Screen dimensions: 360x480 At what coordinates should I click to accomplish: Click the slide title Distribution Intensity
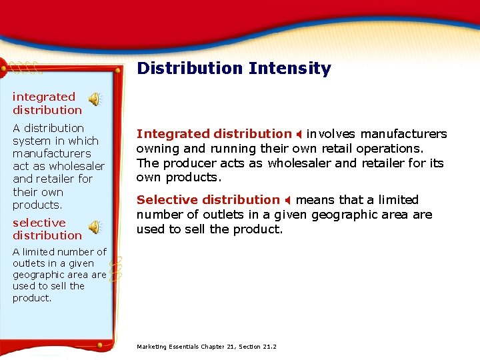(233, 68)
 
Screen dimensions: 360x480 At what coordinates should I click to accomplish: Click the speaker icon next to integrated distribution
(95, 100)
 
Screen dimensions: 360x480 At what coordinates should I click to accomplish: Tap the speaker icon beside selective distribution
(95, 227)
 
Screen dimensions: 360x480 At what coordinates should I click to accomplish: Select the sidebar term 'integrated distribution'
(47, 103)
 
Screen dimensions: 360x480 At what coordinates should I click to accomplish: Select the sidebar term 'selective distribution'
(47, 229)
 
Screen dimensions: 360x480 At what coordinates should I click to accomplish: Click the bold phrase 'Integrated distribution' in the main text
(214, 134)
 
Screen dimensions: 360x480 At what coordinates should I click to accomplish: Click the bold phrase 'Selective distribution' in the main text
(208, 199)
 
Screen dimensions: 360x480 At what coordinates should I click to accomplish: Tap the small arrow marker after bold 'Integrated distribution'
(299, 134)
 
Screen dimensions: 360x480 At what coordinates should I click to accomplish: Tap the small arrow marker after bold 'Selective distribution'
(287, 200)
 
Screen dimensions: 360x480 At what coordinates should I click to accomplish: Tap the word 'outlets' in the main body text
(203, 214)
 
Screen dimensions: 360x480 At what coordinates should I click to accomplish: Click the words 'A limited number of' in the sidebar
(59, 252)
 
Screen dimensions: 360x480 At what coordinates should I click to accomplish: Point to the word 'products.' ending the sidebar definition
(37, 205)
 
